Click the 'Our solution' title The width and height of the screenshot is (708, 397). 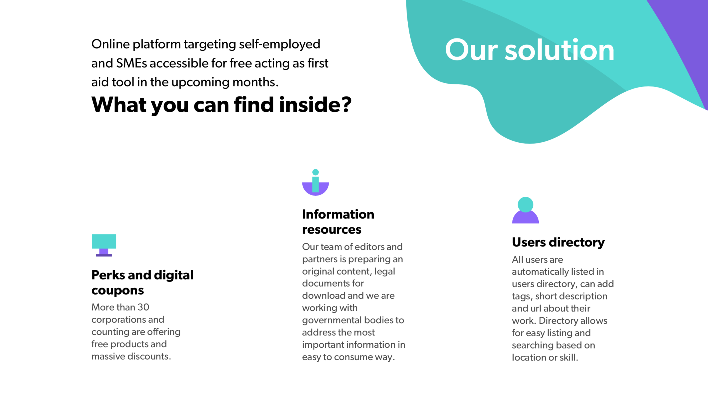530,50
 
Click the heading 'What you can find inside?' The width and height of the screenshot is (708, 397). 221,105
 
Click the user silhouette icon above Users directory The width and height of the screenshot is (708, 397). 525,210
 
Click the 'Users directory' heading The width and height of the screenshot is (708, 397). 558,242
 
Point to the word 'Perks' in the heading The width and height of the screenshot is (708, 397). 108,275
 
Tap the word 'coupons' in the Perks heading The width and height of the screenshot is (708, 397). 118,290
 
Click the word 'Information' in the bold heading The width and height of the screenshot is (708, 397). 338,214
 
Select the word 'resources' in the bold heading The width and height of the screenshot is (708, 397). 332,230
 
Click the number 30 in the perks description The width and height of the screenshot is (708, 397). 143,307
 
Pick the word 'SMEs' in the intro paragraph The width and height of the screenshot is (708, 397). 132,63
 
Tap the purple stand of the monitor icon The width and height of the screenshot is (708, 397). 104,252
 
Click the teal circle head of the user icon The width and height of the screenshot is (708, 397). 525,204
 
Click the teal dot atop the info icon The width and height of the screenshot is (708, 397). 315,172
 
